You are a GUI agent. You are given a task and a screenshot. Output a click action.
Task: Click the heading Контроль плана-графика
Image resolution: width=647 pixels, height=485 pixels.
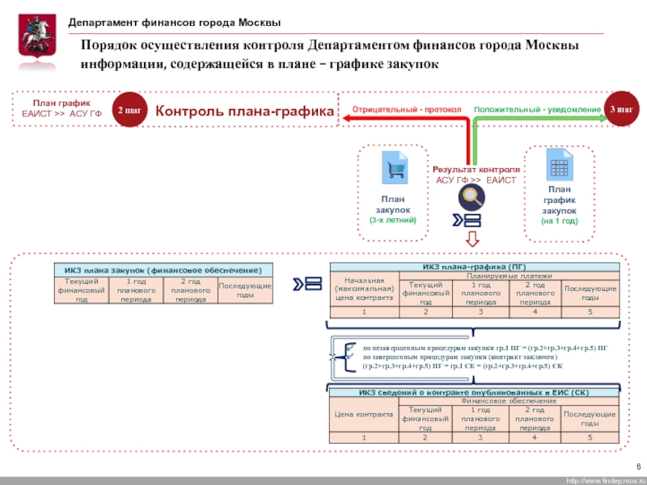tap(244, 111)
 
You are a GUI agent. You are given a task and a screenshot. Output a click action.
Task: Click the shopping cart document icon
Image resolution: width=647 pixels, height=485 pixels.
tap(394, 168)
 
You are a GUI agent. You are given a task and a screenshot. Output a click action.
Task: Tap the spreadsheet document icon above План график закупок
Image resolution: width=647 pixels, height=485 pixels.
tap(559, 167)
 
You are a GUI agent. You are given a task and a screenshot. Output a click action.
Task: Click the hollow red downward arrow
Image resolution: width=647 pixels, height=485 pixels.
tap(472, 239)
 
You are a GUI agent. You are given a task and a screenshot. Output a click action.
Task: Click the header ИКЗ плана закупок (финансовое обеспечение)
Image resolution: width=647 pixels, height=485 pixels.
tap(163, 269)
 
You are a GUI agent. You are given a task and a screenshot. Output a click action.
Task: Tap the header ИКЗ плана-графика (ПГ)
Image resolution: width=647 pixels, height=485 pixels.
tap(475, 266)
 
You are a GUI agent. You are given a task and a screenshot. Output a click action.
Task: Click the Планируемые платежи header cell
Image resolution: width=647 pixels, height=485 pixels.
tap(508, 276)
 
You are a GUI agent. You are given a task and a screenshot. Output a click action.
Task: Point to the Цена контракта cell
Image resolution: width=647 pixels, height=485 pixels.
tap(363, 414)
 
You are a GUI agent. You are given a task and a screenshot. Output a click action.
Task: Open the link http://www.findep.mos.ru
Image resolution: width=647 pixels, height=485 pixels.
tap(603, 480)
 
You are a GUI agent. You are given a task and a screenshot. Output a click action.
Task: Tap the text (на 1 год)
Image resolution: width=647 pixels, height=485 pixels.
tap(559, 220)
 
